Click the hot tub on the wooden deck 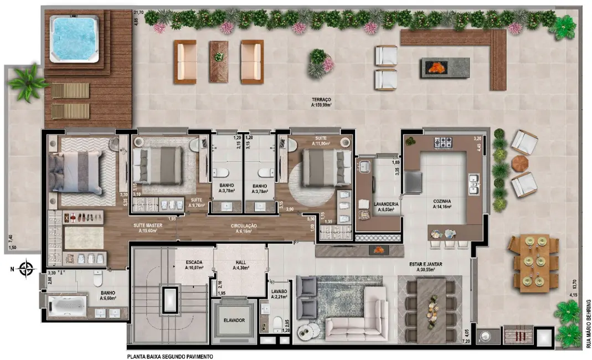pos(75,39)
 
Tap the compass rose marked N pos(26,270)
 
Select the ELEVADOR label pos(234,320)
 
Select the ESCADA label pos(194,265)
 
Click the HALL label pos(241,265)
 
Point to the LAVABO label pos(279,294)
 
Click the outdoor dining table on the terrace pos(535,263)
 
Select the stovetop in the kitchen pos(444,142)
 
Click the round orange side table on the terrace pos(519,163)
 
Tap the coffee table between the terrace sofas pos(218,61)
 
